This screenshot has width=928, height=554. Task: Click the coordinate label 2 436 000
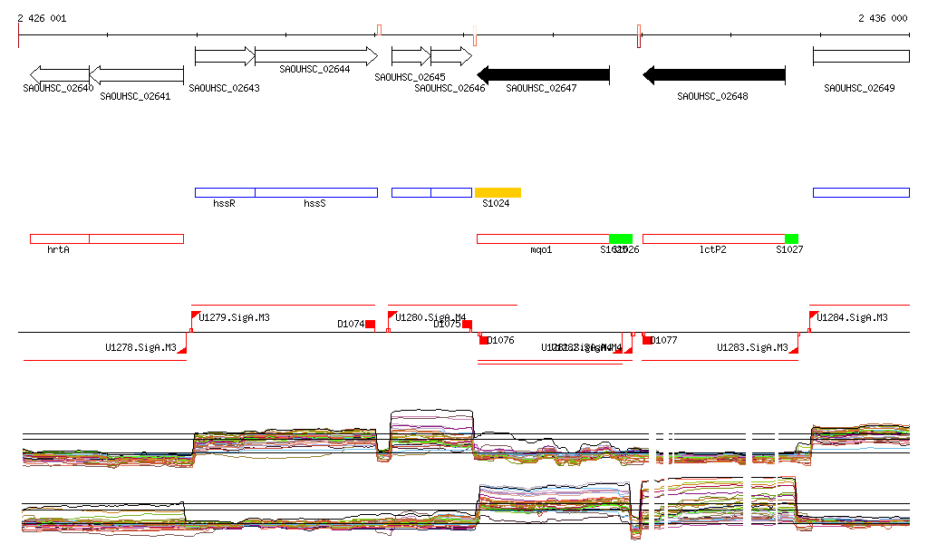point(882,18)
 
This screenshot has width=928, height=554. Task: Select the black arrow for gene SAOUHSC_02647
point(543,74)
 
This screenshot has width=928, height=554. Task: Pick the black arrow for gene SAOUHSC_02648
point(713,74)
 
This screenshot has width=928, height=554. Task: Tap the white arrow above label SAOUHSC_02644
point(315,56)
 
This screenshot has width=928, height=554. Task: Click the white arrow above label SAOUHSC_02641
point(136,74)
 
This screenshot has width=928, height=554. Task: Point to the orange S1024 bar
point(498,192)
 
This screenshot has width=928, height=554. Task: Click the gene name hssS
point(314,204)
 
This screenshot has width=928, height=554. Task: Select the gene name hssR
point(224,204)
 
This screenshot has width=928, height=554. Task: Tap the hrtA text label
point(58,249)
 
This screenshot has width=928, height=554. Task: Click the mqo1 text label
point(541,249)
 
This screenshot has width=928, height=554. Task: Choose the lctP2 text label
point(713,249)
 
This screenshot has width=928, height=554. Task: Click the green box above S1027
point(791,238)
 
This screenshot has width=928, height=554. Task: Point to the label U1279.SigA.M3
point(234,317)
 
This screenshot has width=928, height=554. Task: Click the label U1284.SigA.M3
point(852,317)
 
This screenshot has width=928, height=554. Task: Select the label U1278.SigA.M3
point(140,347)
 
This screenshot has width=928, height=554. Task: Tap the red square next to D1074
point(370,324)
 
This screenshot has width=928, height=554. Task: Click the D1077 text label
point(665,341)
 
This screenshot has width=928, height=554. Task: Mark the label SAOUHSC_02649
point(859,88)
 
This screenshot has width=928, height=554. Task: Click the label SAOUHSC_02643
point(224,88)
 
